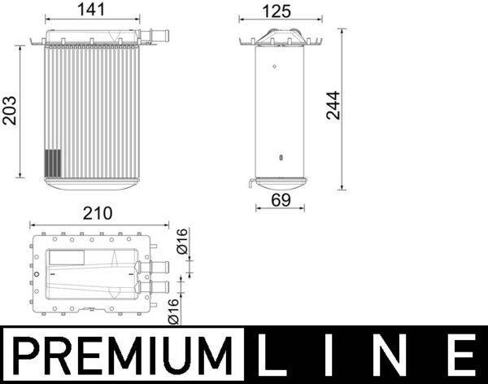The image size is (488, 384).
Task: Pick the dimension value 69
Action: click(279, 199)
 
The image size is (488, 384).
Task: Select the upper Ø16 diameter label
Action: click(183, 242)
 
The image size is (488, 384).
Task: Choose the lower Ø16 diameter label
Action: click(172, 312)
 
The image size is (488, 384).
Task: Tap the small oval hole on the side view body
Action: click(280, 158)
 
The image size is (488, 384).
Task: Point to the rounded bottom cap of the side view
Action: click(280, 183)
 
